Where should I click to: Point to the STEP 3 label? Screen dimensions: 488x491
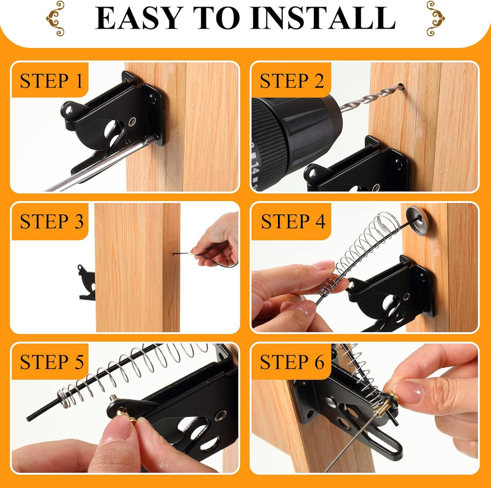tap(52, 222)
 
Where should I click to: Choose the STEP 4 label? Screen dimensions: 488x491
tap(293, 222)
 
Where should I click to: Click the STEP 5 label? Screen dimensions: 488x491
tap(52, 362)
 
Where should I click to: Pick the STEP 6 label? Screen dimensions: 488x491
tap(292, 362)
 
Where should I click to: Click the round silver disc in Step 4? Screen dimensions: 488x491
tap(417, 219)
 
